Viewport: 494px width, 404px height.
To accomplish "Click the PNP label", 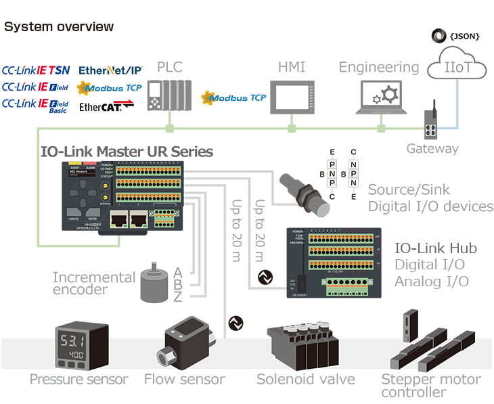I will tap(332, 175).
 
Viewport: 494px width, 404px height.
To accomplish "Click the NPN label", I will tap(353, 175).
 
